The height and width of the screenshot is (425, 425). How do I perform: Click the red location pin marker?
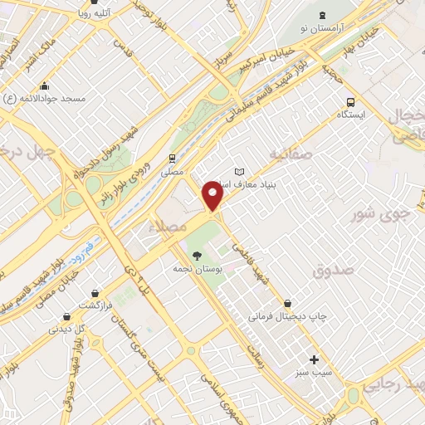[214, 197]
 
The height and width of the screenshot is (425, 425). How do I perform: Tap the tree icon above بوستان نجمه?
[197, 255]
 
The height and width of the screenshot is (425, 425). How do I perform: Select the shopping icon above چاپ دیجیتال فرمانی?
[288, 303]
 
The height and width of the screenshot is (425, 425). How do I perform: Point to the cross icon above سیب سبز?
[314, 359]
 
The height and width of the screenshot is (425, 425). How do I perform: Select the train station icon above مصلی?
[172, 158]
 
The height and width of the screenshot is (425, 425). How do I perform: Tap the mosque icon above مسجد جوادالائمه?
[43, 85]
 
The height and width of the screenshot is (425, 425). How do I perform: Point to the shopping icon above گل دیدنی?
[65, 315]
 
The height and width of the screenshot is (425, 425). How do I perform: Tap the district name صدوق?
[335, 271]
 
